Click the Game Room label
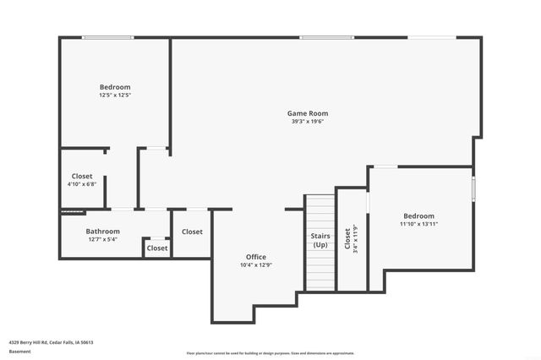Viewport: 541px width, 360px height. [x=307, y=113]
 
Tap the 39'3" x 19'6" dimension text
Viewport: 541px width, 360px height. [x=307, y=122]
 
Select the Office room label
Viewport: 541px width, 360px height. [x=256, y=257]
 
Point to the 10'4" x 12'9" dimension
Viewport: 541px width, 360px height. [x=256, y=265]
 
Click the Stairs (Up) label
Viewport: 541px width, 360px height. [x=320, y=240]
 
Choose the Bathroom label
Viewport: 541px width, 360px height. [x=102, y=231]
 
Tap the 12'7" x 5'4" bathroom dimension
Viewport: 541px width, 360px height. [x=102, y=239]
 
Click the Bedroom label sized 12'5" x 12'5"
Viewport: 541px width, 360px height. [x=115, y=87]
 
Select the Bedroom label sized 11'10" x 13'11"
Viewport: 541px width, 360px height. [x=418, y=215]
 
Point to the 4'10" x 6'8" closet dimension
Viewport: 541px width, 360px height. [x=82, y=184]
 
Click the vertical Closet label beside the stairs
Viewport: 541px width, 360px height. [x=347, y=240]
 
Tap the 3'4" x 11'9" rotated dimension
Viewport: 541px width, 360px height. [x=356, y=240]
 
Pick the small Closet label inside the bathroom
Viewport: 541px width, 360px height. [x=157, y=248]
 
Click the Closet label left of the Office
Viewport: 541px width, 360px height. [x=192, y=232]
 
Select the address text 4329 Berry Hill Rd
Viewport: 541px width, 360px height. [x=52, y=342]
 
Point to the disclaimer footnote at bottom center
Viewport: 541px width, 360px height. [x=270, y=353]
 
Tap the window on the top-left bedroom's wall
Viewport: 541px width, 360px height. [x=107, y=37]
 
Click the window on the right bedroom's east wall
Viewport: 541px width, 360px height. [x=473, y=187]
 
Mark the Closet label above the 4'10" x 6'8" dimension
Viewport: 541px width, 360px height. [x=82, y=176]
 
